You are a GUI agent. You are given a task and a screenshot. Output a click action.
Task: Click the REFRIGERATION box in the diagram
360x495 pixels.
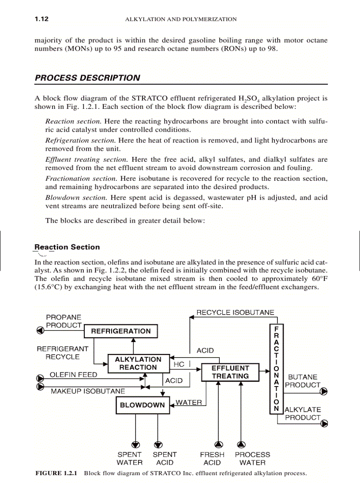click(120, 331)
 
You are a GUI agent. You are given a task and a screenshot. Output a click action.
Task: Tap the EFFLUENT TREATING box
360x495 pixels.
click(230, 372)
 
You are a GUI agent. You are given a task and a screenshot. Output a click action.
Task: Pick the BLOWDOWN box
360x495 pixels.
click(142, 405)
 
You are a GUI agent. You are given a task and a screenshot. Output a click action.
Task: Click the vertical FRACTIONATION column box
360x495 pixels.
click(276, 368)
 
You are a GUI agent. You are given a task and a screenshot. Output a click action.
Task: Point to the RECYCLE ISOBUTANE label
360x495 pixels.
click(235, 313)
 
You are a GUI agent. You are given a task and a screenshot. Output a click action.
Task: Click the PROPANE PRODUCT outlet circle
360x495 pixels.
click(40, 330)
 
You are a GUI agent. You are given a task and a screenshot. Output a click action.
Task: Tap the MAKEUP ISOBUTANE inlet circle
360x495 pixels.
click(40, 387)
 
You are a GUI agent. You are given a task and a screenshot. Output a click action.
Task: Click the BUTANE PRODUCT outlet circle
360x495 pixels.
click(324, 391)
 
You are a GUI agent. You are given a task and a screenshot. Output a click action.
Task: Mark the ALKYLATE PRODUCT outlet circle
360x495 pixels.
click(324, 424)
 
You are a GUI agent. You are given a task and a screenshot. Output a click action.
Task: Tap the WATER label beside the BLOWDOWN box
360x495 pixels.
click(188, 402)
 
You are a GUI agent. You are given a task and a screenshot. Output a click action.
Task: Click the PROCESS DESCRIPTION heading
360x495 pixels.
click(87, 78)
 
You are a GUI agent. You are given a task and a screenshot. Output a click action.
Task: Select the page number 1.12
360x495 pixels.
click(41, 19)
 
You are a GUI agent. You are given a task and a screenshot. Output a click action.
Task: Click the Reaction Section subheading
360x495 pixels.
click(67, 247)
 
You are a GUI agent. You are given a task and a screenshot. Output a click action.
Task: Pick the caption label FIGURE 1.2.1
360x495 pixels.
click(56, 473)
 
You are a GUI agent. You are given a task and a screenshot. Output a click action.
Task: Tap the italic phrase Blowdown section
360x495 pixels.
click(76, 197)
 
